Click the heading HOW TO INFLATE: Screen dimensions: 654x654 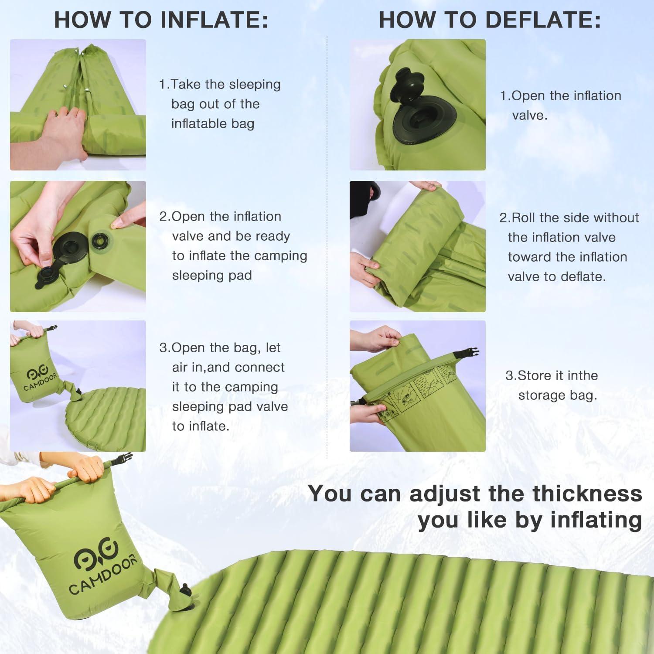click(x=161, y=20)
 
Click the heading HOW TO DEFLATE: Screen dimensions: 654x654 click(x=490, y=20)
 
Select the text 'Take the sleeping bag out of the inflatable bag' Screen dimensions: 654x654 click(x=220, y=104)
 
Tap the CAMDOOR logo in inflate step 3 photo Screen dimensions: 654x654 click(x=40, y=379)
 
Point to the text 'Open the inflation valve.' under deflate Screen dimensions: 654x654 click(x=561, y=105)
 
